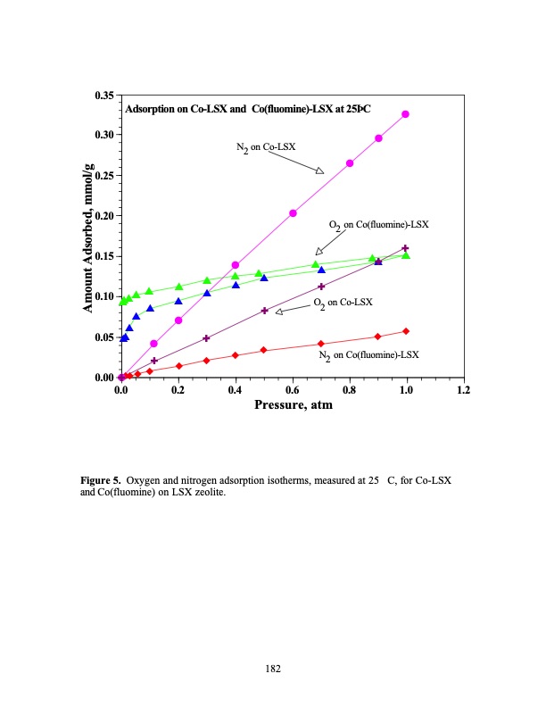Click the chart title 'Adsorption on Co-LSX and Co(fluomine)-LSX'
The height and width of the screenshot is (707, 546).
click(248, 109)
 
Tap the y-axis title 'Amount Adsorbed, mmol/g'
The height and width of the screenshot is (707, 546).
click(89, 236)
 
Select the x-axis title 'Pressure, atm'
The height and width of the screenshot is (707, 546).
click(293, 404)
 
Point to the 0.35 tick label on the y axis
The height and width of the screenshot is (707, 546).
click(103, 95)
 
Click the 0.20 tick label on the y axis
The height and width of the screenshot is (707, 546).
click(103, 216)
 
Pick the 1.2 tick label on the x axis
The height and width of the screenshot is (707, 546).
click(463, 389)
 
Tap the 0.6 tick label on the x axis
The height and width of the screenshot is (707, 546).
click(293, 389)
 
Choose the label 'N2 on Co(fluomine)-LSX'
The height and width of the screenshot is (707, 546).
click(368, 355)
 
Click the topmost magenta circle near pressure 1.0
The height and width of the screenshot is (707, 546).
click(406, 114)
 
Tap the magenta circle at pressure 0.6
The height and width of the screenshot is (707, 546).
click(293, 212)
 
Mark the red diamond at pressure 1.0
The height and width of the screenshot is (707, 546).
click(406, 331)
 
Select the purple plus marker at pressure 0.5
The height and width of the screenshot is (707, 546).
click(264, 311)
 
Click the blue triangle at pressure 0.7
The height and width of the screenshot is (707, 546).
click(321, 270)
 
